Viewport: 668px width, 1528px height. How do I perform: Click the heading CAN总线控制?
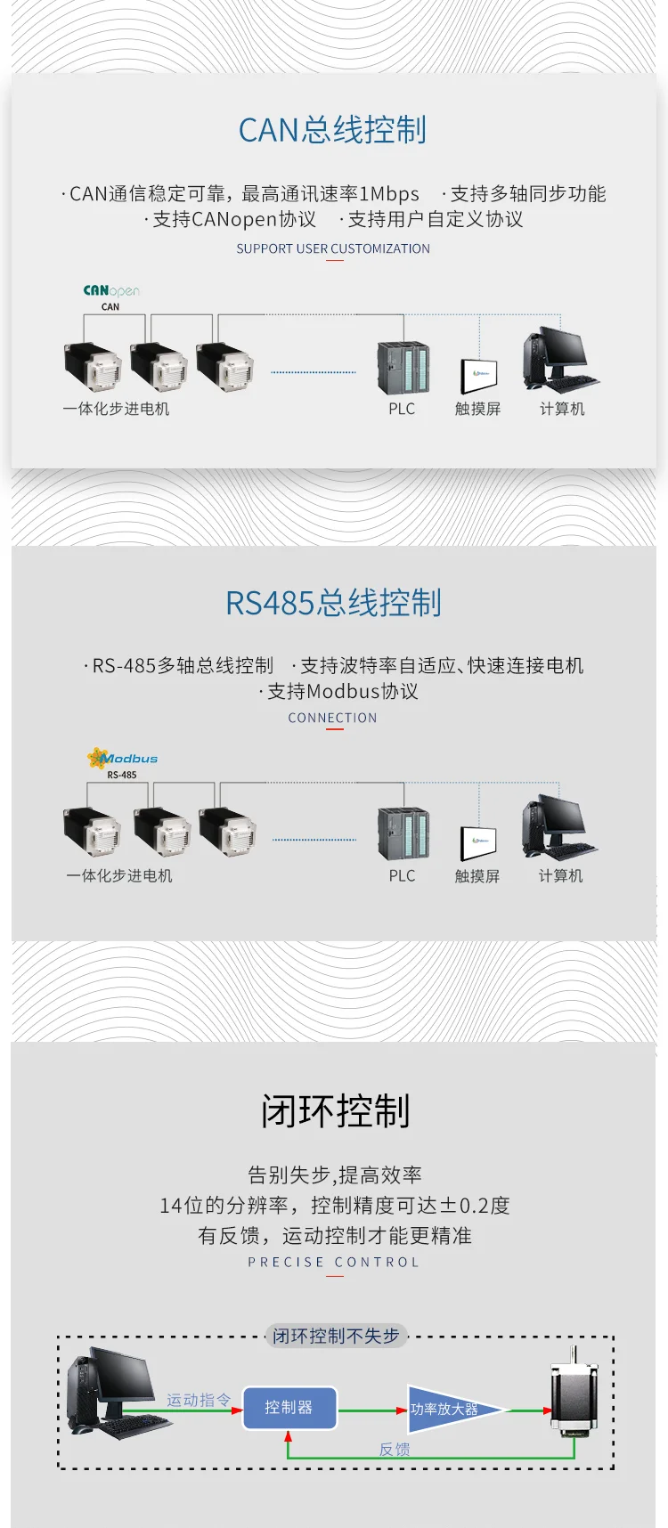(333, 130)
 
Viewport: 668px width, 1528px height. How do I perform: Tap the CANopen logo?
(111, 290)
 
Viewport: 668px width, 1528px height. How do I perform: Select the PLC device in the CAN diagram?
(403, 368)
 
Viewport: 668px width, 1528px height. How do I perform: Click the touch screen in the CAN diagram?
(478, 376)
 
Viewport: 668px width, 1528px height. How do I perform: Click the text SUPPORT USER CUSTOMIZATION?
(333, 248)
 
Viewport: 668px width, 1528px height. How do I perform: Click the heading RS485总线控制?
(333, 603)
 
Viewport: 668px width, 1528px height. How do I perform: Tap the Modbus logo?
(122, 759)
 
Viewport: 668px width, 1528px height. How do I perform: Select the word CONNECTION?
(332, 718)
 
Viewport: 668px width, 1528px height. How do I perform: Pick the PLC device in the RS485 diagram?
(403, 833)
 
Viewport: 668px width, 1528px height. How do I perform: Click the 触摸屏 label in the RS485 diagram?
(477, 876)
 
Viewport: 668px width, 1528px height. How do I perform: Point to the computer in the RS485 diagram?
(559, 827)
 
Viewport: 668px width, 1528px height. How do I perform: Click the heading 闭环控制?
(335, 1111)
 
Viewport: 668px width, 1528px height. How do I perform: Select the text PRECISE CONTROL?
(333, 1262)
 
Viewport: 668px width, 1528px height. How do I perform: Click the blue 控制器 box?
(289, 1408)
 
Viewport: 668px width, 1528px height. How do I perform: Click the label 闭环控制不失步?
(336, 1336)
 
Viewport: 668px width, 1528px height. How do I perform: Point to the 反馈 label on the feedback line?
(395, 1450)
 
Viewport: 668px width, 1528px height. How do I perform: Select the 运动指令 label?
(199, 1400)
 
